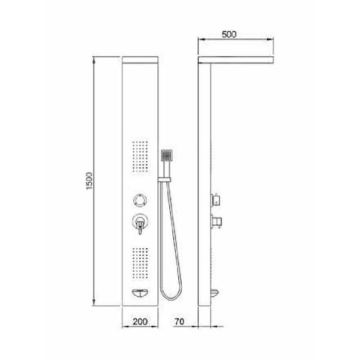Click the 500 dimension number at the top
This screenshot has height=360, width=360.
[x=228, y=34]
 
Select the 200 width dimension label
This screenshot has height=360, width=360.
[x=140, y=322]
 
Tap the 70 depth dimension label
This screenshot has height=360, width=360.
[x=180, y=322]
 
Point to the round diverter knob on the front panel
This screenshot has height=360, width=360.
[x=140, y=200]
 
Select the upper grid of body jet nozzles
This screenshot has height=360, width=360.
[x=140, y=157]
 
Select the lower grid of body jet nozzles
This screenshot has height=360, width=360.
[x=140, y=262]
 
